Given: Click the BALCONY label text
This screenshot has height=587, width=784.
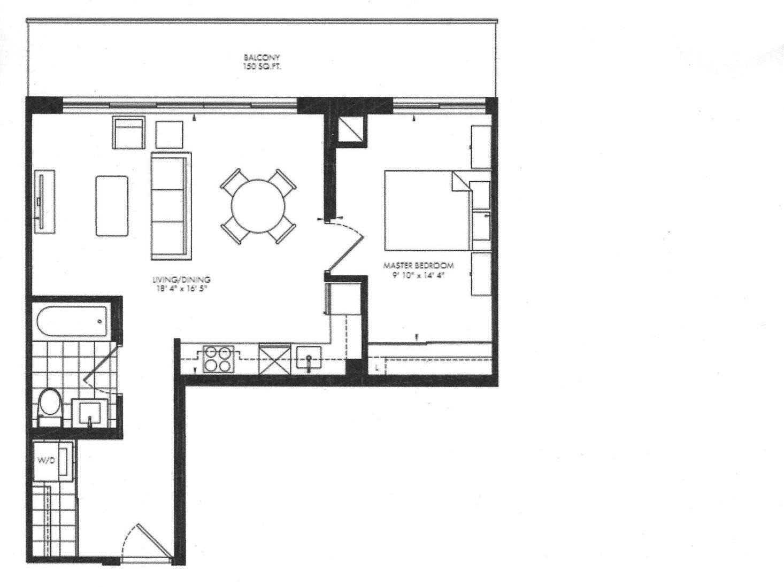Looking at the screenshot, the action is (262, 58).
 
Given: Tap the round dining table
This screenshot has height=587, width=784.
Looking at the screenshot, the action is (258, 206).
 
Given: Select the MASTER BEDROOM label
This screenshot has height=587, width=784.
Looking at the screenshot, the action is (418, 266).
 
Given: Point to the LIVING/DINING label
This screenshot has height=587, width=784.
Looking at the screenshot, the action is (181, 280).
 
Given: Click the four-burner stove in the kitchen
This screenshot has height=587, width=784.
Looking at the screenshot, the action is (218, 359).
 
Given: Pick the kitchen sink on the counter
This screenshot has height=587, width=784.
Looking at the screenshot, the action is (309, 358).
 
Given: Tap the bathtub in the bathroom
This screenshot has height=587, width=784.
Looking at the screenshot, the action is (73, 321).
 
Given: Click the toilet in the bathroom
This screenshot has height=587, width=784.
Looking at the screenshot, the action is (50, 407).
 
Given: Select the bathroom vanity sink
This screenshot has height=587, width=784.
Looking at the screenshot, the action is (90, 413).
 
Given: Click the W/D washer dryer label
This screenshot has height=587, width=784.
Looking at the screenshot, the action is (47, 461).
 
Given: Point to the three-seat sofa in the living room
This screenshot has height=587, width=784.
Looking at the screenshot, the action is (171, 206).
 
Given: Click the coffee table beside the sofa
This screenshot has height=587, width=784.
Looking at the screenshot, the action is (112, 206).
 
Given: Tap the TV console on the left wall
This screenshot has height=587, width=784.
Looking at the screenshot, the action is (44, 202).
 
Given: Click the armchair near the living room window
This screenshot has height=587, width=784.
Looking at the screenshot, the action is (129, 132).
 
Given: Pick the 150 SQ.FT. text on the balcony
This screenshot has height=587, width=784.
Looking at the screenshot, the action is (262, 67).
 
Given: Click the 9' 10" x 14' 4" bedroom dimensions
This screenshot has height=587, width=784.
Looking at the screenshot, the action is (418, 275).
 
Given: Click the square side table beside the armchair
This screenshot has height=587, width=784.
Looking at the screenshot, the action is (170, 135).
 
